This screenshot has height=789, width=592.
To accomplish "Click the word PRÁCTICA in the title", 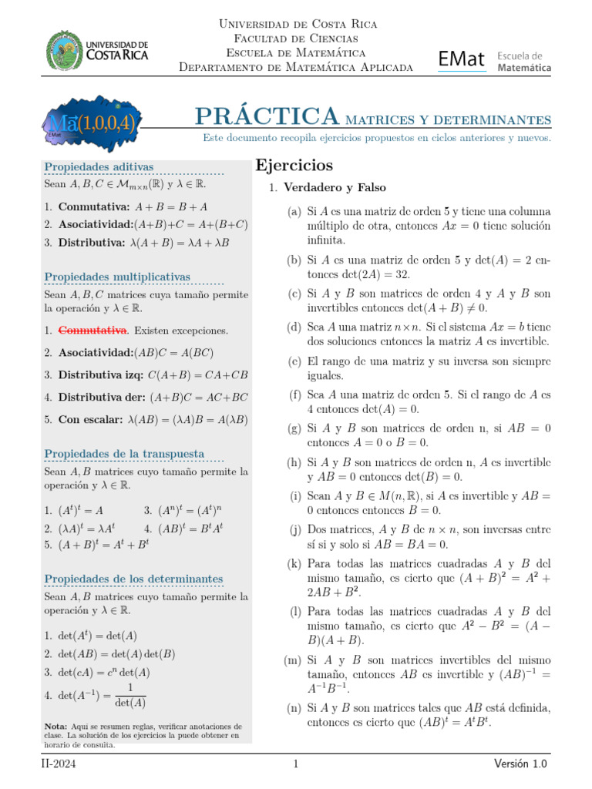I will point(267,116).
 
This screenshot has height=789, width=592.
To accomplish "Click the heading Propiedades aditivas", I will point(99,167).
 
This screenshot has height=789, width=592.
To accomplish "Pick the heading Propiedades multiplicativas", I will point(117,277).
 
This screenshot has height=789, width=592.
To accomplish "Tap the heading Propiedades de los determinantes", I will point(133,579).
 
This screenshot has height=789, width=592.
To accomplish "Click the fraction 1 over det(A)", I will point(129,695).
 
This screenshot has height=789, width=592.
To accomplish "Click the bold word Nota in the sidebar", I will point(55,726).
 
